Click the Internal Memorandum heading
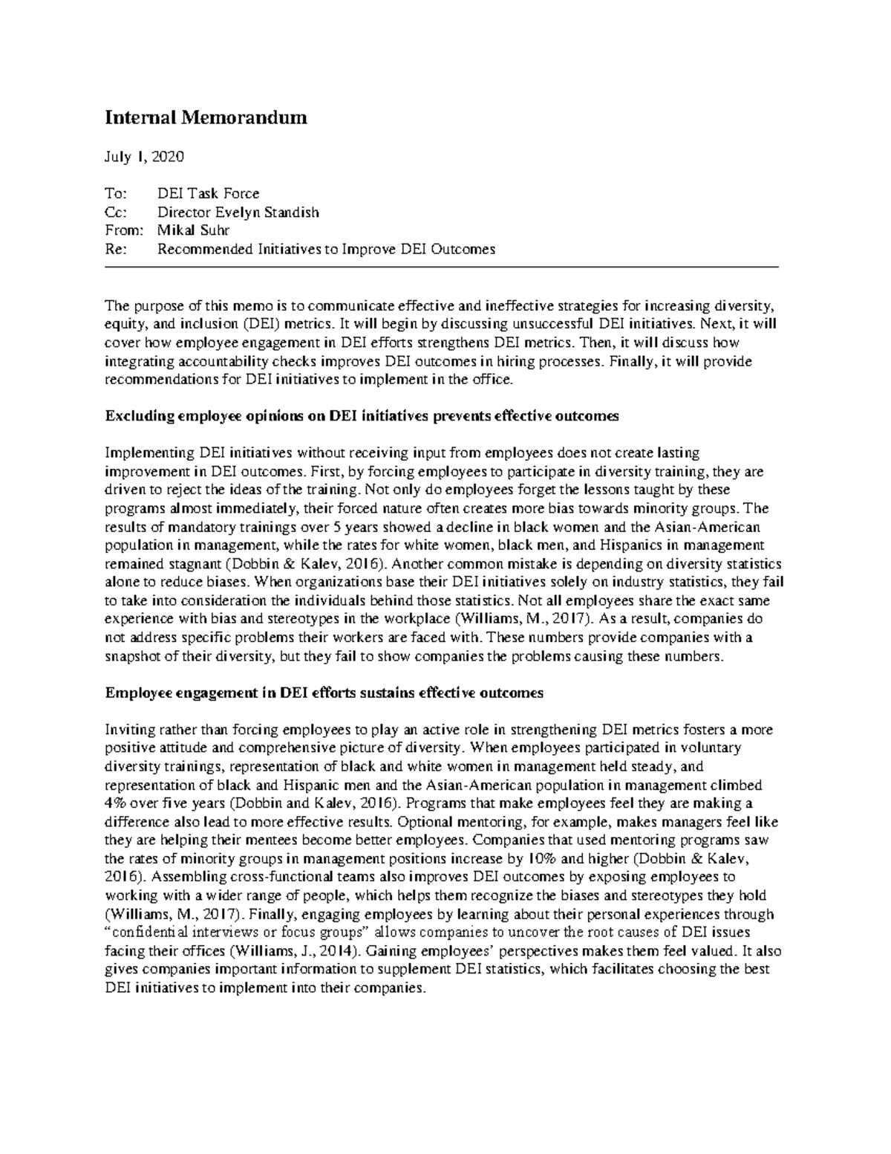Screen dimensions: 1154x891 coord(206,118)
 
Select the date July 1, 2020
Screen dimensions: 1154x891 coord(145,157)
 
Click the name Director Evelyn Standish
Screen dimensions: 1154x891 coord(238,213)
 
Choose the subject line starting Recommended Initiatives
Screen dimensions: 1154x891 coord(326,249)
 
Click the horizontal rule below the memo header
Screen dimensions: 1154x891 coord(442,266)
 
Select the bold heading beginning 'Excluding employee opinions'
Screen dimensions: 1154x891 coord(362,417)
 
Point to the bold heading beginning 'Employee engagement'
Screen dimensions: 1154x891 coord(324,693)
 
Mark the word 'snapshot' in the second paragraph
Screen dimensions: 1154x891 coord(130,656)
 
